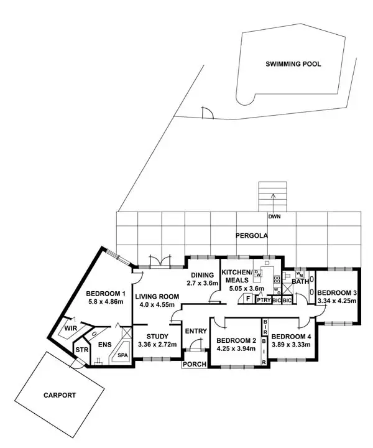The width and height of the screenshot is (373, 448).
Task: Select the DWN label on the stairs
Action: [x=274, y=217]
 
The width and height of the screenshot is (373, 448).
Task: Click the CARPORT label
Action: [x=59, y=394]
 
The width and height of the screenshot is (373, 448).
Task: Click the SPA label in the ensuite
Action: [x=122, y=355]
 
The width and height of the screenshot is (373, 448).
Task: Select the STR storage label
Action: [x=81, y=350]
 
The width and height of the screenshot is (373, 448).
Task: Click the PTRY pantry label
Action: [x=264, y=300]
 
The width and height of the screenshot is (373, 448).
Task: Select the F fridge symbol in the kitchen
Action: [x=247, y=299]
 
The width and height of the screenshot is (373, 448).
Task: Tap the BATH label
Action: [x=300, y=282]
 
